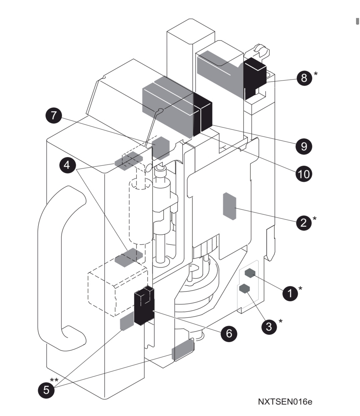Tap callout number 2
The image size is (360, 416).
click(x=303, y=222)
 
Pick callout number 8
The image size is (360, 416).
click(x=304, y=78)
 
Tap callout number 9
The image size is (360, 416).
click(x=304, y=146)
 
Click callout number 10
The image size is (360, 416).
click(x=304, y=174)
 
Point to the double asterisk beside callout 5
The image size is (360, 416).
click(x=54, y=380)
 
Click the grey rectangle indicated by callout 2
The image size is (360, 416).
click(x=230, y=206)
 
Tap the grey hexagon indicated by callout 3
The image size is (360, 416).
click(x=245, y=288)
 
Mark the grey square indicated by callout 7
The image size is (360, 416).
click(x=161, y=147)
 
